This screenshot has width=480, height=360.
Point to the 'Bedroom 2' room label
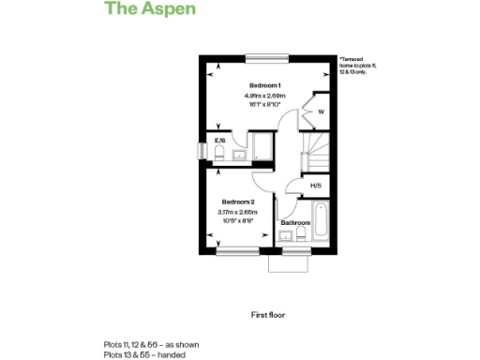point(237,202)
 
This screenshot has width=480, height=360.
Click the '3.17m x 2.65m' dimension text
point(237,213)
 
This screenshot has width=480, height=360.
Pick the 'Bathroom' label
point(295,222)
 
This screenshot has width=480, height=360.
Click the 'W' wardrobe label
point(321,112)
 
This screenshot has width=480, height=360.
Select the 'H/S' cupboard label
point(316,186)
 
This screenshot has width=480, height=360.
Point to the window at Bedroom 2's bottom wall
point(237,250)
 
